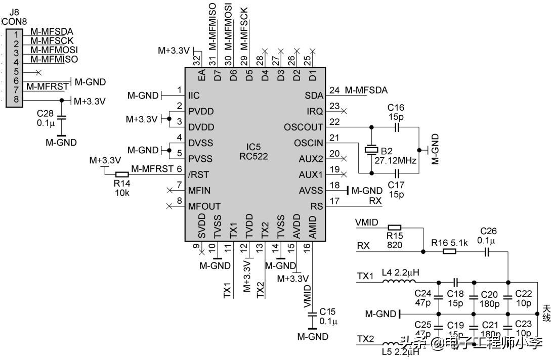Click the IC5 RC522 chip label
[x=253, y=152]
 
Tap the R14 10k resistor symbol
[x=122, y=174]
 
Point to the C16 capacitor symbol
[x=397, y=127]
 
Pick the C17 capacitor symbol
[x=397, y=173]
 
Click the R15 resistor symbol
[x=394, y=228]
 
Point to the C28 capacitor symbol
[x=62, y=117]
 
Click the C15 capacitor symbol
[x=312, y=314]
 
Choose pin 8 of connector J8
[x=16, y=100]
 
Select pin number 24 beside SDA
[x=334, y=91]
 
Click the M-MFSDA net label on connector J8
[x=52, y=32]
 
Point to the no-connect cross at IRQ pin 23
[x=345, y=110]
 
